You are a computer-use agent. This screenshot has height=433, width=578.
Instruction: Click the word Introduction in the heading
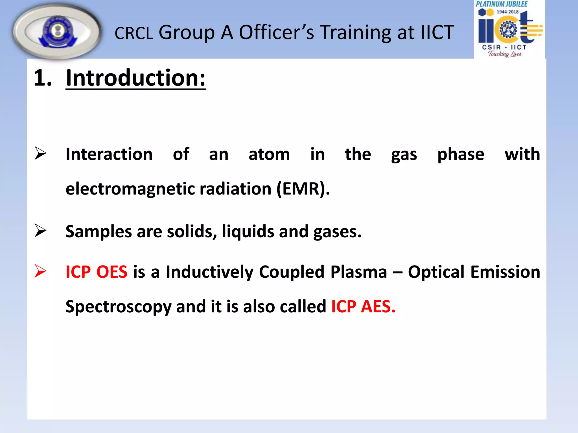(x=135, y=78)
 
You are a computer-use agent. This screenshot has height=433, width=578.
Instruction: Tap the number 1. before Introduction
(x=43, y=78)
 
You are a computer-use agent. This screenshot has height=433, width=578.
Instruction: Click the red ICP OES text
(x=96, y=272)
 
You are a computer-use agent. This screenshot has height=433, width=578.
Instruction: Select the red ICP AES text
(x=363, y=307)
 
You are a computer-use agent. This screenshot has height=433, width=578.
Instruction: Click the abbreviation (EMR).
(x=303, y=189)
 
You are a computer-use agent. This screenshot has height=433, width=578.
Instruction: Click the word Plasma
(x=358, y=272)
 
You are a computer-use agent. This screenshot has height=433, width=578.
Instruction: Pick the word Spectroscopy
(x=118, y=307)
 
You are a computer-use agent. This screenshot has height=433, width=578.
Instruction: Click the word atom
(x=269, y=154)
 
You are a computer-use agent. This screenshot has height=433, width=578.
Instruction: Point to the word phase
(x=461, y=154)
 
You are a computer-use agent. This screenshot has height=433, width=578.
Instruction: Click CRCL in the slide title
(x=134, y=33)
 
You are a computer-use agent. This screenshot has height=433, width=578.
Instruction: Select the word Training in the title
(x=356, y=33)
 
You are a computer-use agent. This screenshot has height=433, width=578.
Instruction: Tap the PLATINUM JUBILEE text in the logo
(x=502, y=4)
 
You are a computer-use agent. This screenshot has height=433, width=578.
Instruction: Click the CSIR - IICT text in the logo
(x=504, y=47)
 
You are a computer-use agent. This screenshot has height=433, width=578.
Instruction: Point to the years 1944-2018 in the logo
(x=507, y=12)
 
